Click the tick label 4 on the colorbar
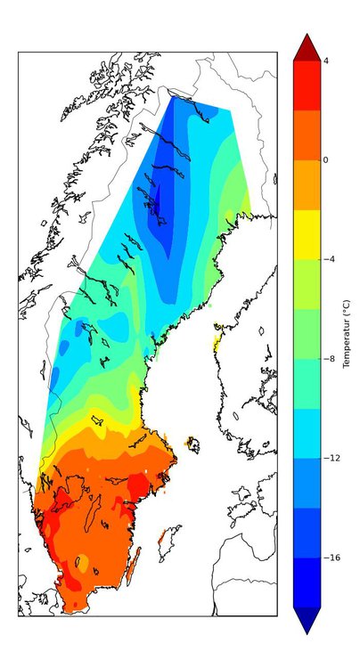coord(326,61)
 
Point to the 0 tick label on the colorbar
coord(326,160)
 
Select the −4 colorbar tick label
coord(328,259)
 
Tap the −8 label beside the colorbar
coord(328,359)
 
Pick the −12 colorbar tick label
coord(330,458)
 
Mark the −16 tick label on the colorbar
coord(330,558)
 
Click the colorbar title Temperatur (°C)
coord(347,334)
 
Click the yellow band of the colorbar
coord(306,234)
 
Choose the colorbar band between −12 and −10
coord(306,433)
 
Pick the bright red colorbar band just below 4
coord(306,86)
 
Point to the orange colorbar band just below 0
coord(306,184)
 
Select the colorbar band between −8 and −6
coord(306,334)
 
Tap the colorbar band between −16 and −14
coord(306,533)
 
